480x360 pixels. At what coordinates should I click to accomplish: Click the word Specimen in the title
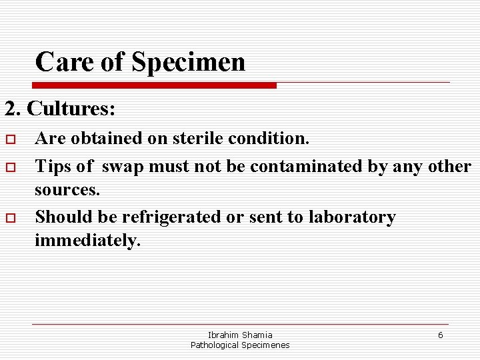pos(189,63)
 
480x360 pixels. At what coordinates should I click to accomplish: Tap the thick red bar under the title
pos(154,85)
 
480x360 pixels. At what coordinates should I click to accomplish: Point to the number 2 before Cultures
pos(10,108)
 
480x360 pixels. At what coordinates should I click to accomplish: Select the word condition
pos(269,139)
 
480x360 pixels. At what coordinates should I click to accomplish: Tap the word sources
pos(67,190)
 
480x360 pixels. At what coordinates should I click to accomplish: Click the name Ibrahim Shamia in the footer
pos(240,335)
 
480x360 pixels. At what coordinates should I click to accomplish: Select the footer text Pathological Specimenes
pos(240,345)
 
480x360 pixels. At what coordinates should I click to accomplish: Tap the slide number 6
pos(440,335)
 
